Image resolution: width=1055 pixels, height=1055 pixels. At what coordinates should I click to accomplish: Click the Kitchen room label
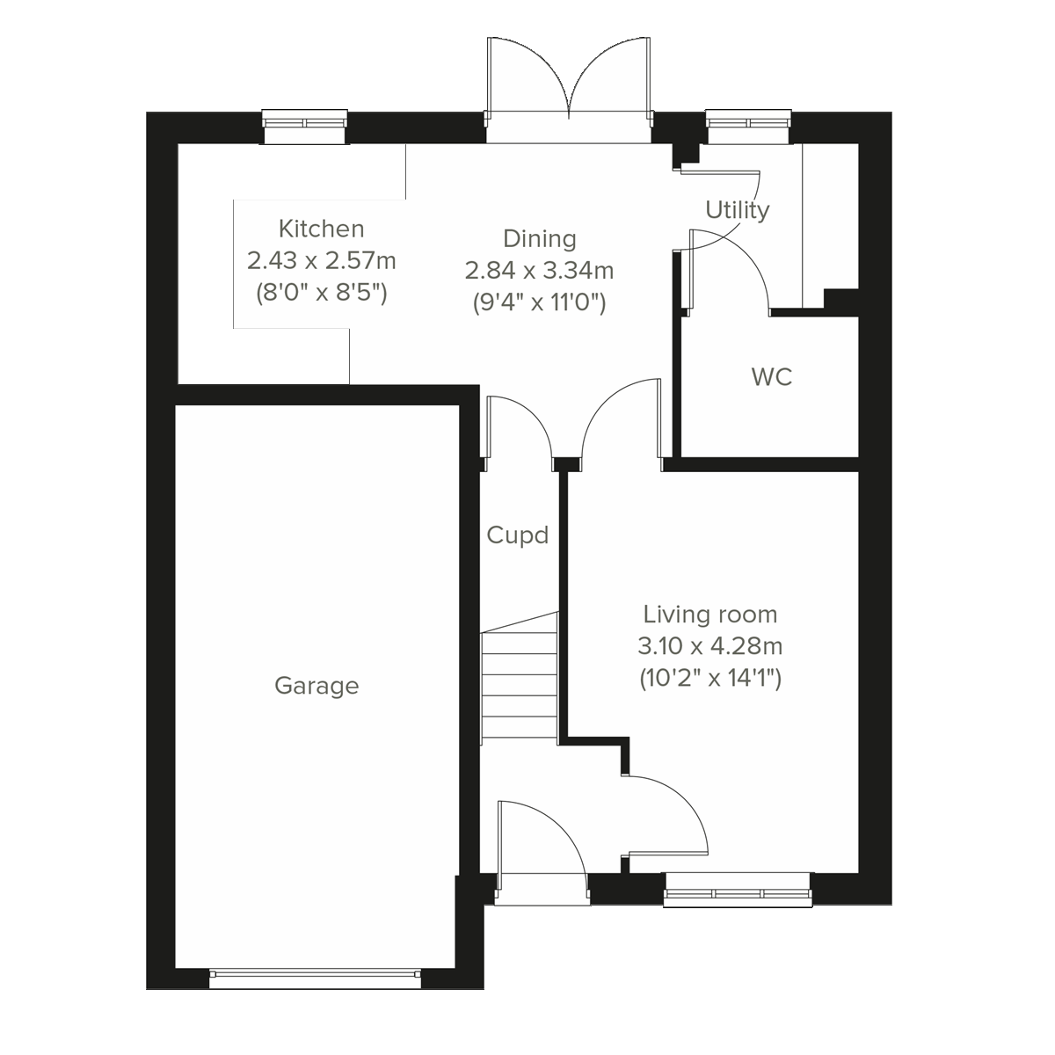coord(321,229)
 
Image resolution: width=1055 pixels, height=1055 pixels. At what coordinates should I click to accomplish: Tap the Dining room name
coord(539,238)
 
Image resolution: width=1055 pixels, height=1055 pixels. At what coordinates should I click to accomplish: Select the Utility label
coord(737,210)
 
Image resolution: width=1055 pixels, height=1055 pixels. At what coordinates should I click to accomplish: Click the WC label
coord(771,377)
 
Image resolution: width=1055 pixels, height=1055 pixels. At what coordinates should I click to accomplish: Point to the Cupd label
coord(518,535)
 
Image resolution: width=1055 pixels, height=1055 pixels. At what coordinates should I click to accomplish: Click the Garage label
coord(316,685)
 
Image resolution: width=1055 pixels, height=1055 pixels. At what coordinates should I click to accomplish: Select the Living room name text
coord(709,614)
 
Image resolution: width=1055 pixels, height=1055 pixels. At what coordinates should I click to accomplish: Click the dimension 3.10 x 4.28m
coord(709,646)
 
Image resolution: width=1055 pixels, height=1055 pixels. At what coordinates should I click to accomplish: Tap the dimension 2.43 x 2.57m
coord(321,260)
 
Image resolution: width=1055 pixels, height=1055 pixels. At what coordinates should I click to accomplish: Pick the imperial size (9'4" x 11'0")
coord(539,303)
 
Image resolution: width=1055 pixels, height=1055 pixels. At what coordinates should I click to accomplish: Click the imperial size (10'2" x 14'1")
coord(709,679)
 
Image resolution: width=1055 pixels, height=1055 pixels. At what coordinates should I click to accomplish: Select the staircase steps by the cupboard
coord(520,677)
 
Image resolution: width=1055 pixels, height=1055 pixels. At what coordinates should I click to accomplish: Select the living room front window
coord(737,890)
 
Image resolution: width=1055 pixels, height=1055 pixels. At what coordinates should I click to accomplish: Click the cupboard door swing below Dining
coord(519,426)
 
